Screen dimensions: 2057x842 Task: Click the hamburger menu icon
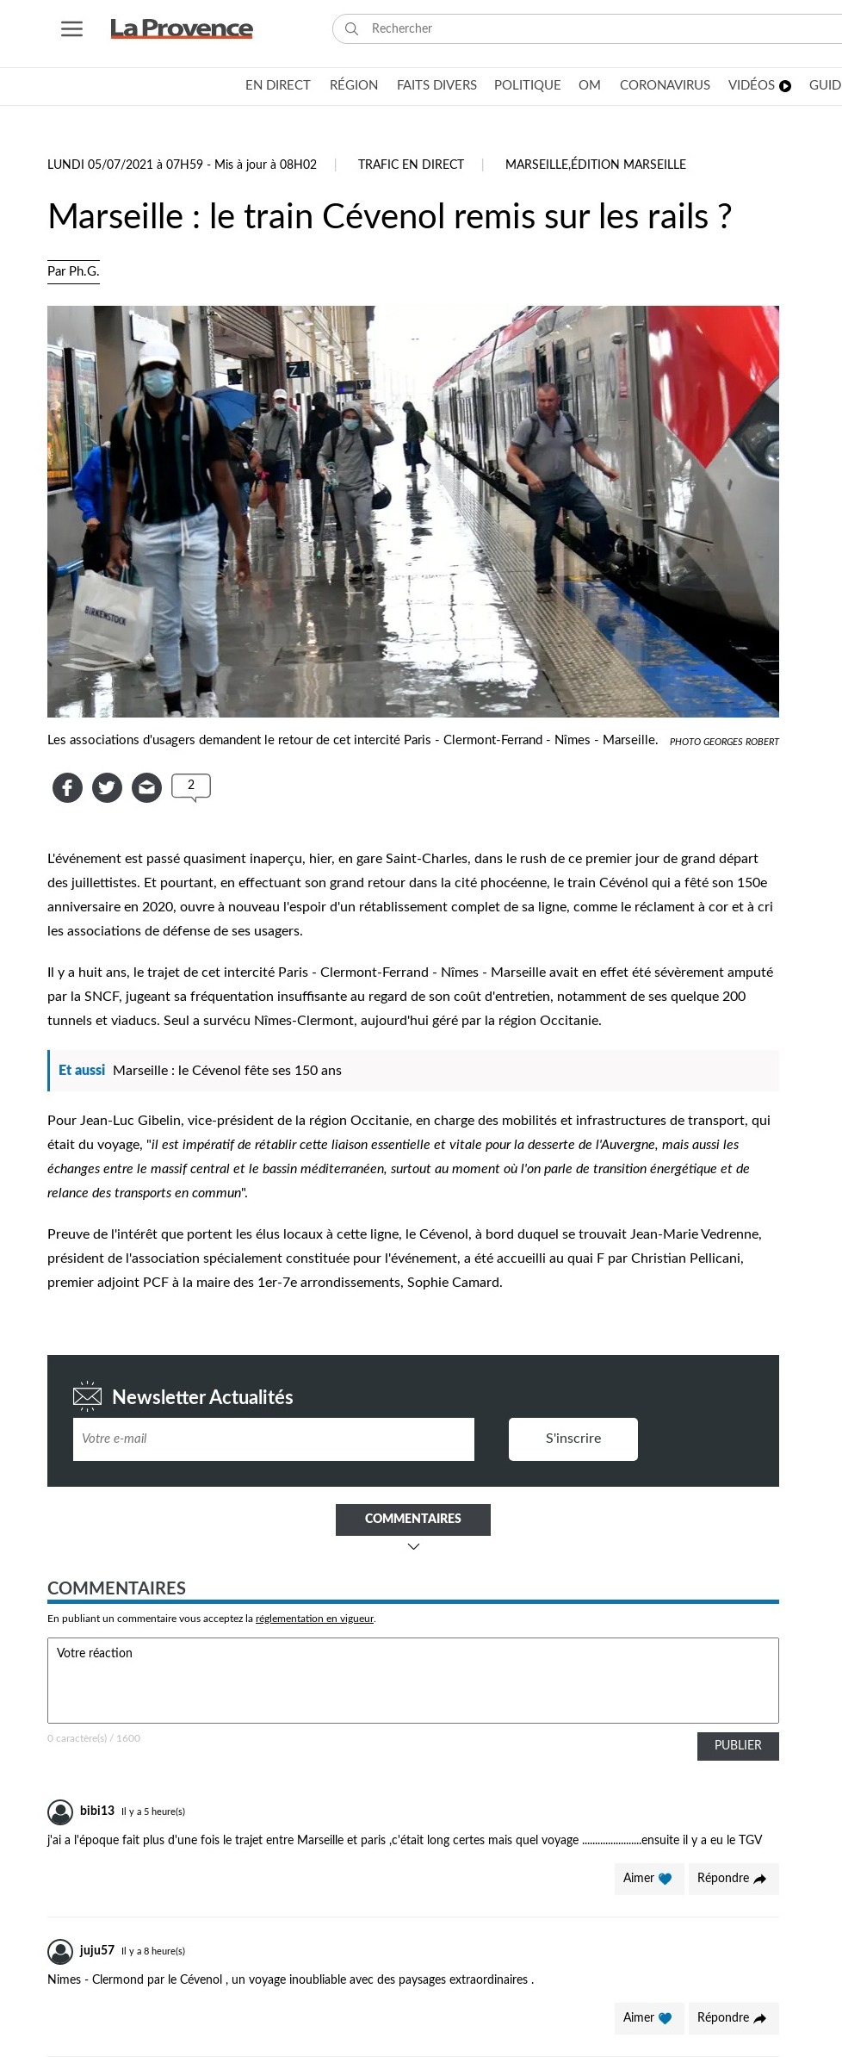pyautogui.click(x=72, y=29)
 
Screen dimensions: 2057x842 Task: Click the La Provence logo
pyautogui.click(x=182, y=29)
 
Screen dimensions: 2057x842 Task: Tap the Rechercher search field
pyautogui.click(x=594, y=28)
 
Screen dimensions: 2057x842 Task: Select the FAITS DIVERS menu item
pyautogui.click(x=436, y=85)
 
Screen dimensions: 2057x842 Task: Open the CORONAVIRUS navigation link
pyautogui.click(x=665, y=85)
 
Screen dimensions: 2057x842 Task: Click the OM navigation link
pyautogui.click(x=590, y=85)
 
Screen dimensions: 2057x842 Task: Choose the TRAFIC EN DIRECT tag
pyautogui.click(x=411, y=165)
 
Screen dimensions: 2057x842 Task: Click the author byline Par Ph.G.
pyautogui.click(x=73, y=271)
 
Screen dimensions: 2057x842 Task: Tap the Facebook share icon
pyautogui.click(x=67, y=787)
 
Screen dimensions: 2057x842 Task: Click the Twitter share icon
pyautogui.click(x=107, y=787)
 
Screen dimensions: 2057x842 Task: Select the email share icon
pyautogui.click(x=146, y=787)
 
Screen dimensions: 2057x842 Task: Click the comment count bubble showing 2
pyautogui.click(x=191, y=786)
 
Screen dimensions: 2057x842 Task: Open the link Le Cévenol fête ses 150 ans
pyautogui.click(x=227, y=1070)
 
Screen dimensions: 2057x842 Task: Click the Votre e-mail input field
pyautogui.click(x=274, y=1439)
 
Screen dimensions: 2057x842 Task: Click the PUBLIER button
pyautogui.click(x=738, y=1745)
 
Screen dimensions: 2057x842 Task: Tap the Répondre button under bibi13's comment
pyautogui.click(x=733, y=1878)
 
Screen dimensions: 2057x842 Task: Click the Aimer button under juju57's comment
pyautogui.click(x=648, y=2017)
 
